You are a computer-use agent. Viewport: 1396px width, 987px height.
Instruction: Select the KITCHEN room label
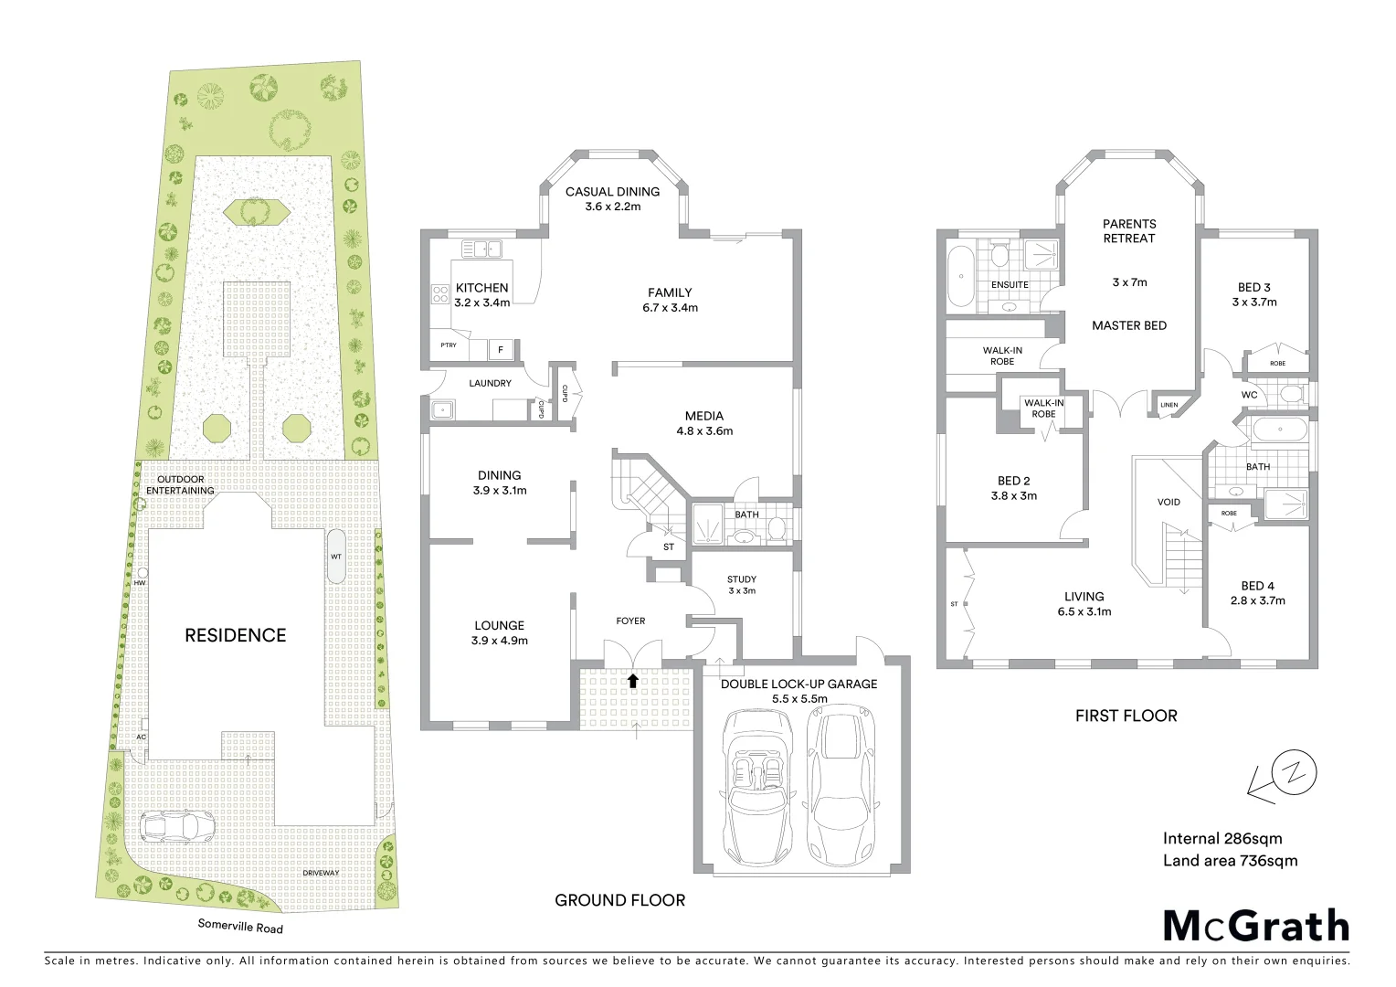point(481,288)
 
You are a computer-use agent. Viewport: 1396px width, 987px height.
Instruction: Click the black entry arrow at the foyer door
point(632,680)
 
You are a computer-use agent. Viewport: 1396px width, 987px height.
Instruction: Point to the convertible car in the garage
point(756,787)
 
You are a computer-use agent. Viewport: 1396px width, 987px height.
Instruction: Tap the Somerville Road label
point(240,927)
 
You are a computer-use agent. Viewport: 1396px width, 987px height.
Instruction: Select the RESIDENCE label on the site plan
point(235,635)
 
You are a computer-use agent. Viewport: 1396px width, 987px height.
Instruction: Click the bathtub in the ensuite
point(958,278)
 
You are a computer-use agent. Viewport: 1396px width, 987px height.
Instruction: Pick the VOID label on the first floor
point(1169,502)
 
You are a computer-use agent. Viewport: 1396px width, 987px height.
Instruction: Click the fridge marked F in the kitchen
point(500,349)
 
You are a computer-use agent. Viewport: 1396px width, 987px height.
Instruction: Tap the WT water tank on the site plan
point(336,556)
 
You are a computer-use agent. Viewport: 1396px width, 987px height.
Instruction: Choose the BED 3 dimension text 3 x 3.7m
point(1253,302)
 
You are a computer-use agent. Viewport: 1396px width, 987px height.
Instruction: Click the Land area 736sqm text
point(1230,860)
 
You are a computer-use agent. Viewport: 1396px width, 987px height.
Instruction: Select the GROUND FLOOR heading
point(619,900)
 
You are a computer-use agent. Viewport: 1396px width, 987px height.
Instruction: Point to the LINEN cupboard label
point(1169,405)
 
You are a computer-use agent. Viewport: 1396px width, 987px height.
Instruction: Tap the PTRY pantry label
point(448,345)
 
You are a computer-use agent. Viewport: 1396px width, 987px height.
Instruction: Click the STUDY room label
point(741,578)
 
